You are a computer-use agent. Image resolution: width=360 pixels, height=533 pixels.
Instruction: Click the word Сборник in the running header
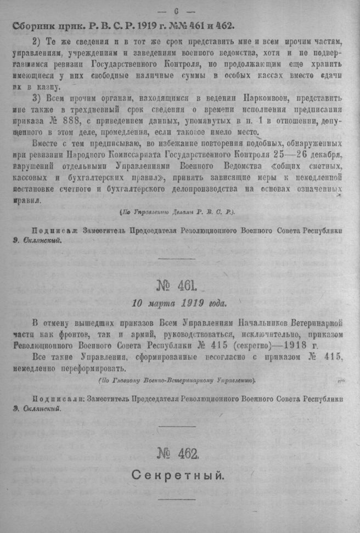click(x=35, y=25)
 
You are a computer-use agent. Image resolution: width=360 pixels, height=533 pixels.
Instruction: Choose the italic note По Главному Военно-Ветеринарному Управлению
click(x=177, y=380)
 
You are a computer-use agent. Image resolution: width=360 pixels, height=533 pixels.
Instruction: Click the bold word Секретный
click(x=177, y=475)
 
